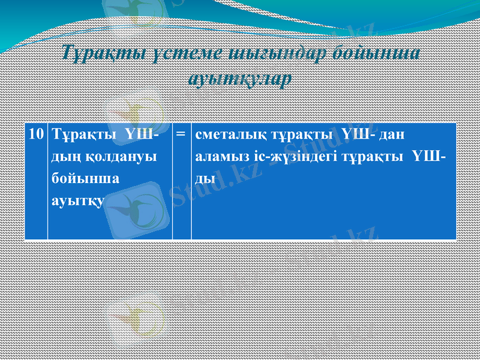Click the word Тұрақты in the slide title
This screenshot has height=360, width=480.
[x=102, y=53]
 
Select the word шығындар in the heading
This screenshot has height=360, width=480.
[x=273, y=53]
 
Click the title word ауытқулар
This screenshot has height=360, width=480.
[x=240, y=78]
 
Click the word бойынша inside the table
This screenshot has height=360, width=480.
[x=77, y=178]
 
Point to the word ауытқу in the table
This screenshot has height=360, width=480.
[x=74, y=200]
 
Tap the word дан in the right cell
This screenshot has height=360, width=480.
[x=393, y=134]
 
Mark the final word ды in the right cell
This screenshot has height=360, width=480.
[x=205, y=178]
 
